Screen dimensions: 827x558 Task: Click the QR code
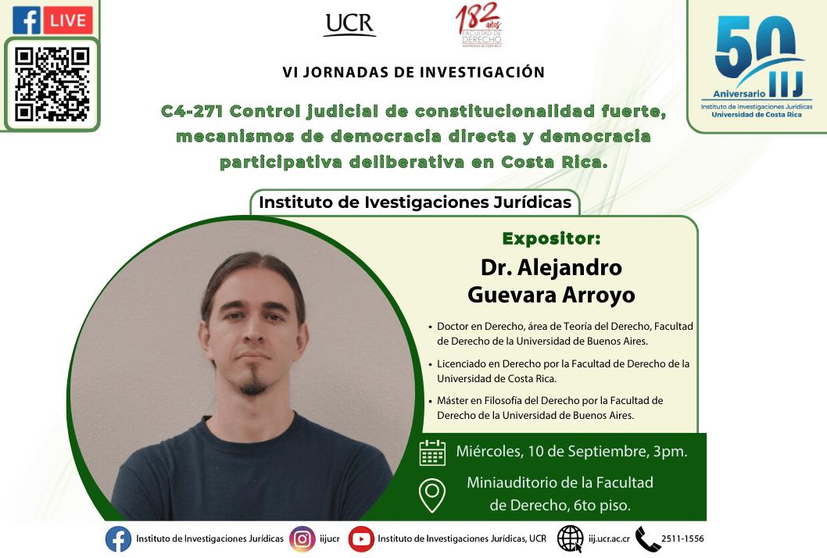click(x=52, y=84)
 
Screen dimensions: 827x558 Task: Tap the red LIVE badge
click(x=67, y=20)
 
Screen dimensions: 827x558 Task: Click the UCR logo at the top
click(x=349, y=25)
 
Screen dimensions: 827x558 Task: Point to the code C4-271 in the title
click(x=192, y=111)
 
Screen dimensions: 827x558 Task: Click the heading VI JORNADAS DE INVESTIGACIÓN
click(x=413, y=72)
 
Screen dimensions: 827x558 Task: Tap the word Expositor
click(x=551, y=239)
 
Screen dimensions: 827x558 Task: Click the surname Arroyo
click(x=599, y=295)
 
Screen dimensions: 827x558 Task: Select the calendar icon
click(x=432, y=452)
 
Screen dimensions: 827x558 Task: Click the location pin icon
click(x=432, y=495)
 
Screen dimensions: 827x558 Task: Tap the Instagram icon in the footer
click(x=303, y=539)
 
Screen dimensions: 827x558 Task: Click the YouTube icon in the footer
click(x=361, y=539)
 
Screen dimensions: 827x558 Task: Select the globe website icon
click(x=570, y=539)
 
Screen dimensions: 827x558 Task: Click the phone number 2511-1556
click(x=682, y=538)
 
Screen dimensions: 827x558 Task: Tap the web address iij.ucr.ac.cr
click(x=609, y=539)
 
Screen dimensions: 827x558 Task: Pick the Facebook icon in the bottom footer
click(x=118, y=539)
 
